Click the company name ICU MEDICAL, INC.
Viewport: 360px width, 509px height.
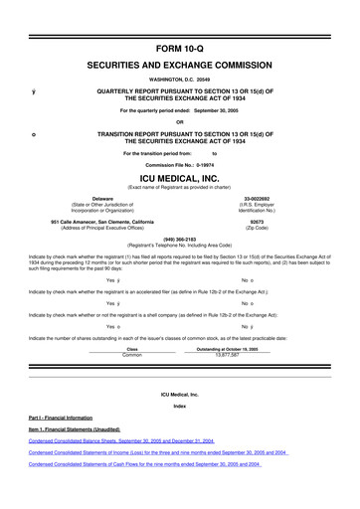[179, 177]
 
